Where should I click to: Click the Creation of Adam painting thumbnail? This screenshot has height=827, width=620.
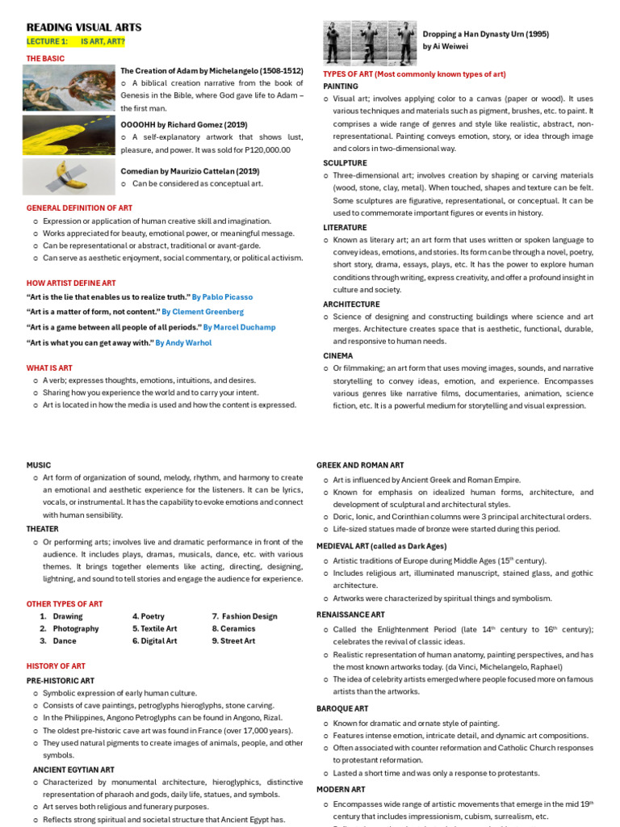(69, 87)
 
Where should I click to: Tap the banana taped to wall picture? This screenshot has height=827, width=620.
(69, 177)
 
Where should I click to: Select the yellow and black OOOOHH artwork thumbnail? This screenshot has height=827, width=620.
(69, 133)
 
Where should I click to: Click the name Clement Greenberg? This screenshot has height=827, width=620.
(203, 312)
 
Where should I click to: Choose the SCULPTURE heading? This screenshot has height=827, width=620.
(345, 162)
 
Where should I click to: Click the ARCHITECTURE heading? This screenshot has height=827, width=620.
(351, 304)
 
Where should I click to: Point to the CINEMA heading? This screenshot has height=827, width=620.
(338, 355)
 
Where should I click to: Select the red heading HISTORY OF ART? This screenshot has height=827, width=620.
(56, 665)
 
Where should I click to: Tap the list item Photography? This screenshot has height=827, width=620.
(76, 628)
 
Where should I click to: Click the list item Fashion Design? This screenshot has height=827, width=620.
(249, 616)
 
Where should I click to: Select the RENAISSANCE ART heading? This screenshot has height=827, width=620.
(350, 615)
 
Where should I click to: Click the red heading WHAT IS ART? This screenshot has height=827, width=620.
(49, 367)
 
